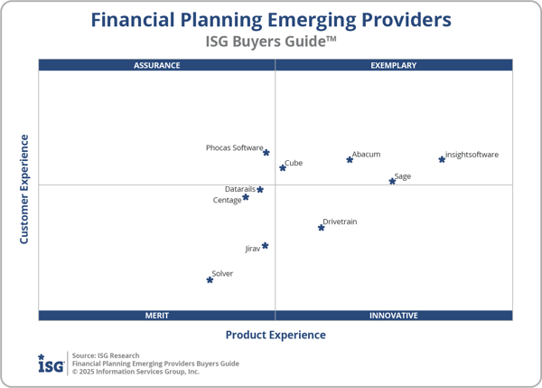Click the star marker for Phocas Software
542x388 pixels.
pyautogui.click(x=266, y=153)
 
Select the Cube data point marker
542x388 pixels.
pyautogui.click(x=283, y=167)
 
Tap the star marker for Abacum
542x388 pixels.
pyautogui.click(x=350, y=160)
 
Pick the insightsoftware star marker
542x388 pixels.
pyautogui.click(x=442, y=159)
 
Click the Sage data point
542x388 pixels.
pyautogui.click(x=392, y=181)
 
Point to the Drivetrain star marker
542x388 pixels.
pyautogui.click(x=321, y=227)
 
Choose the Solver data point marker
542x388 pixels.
pyautogui.click(x=210, y=279)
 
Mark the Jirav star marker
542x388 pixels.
pyautogui.click(x=265, y=245)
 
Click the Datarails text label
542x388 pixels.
pyautogui.click(x=239, y=189)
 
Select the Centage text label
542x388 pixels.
pyautogui.click(x=227, y=200)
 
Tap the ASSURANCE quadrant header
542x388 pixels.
pyautogui.click(x=157, y=65)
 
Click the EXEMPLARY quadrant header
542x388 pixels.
pyautogui.click(x=394, y=65)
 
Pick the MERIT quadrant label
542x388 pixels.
pyautogui.click(x=157, y=316)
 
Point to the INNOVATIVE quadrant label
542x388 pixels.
pyautogui.click(x=394, y=316)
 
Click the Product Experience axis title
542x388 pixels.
pyautogui.click(x=276, y=335)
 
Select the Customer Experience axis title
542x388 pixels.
pyautogui.click(x=24, y=189)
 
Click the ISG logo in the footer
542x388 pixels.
pyautogui.click(x=51, y=363)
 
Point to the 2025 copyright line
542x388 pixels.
pyautogui.click(x=135, y=371)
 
